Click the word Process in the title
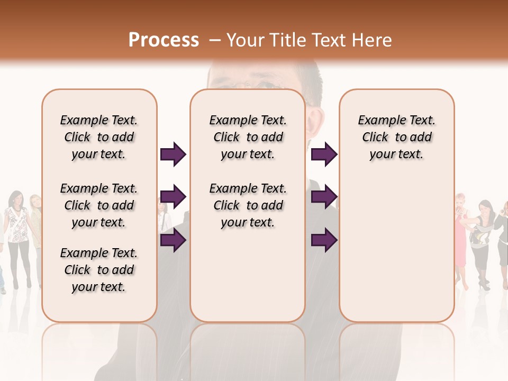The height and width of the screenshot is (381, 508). click(164, 40)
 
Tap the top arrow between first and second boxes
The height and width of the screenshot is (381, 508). click(173, 154)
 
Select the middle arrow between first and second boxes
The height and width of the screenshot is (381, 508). click(173, 197)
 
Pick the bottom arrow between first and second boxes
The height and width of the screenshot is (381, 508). click(173, 240)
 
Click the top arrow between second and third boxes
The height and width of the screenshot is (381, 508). click(324, 154)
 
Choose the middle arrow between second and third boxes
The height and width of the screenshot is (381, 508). click(324, 197)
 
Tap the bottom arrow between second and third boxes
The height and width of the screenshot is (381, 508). click(324, 240)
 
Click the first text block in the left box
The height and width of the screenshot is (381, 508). click(99, 137)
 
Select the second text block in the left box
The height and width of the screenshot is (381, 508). click(99, 205)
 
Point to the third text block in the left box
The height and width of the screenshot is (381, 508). click(99, 270)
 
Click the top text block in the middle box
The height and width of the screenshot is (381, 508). click(248, 137)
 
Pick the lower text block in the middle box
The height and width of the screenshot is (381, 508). click(248, 205)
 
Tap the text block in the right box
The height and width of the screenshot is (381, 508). click(396, 137)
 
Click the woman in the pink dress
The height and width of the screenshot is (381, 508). click(460, 238)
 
